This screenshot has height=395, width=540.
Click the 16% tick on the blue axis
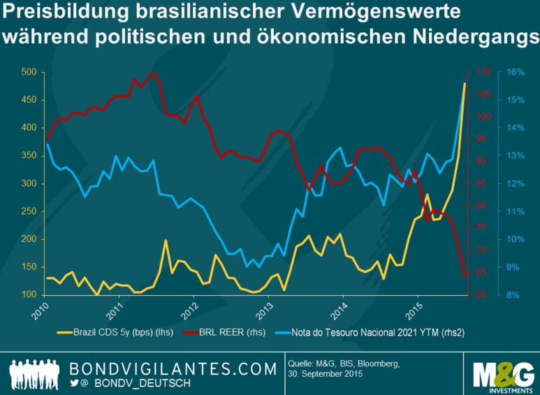[516, 72]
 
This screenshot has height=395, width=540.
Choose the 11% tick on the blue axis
[516, 212]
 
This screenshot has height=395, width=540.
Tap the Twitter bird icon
[75, 382]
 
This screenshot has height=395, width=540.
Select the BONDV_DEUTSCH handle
[139, 383]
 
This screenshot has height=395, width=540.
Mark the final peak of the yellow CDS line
[465, 83]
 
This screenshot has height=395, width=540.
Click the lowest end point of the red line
[465, 277]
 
